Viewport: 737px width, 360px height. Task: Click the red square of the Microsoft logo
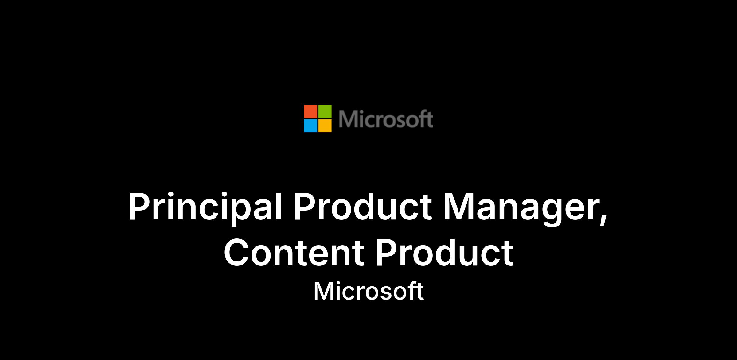[x=310, y=111]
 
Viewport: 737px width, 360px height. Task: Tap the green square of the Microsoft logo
[x=325, y=111]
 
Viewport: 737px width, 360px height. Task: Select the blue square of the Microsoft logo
[x=310, y=126]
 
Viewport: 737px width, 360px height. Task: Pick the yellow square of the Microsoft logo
[x=325, y=126]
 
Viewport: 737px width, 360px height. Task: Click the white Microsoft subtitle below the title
[x=368, y=291]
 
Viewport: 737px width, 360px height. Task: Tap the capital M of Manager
[x=459, y=207]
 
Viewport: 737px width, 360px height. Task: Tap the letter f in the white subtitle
[x=413, y=291]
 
